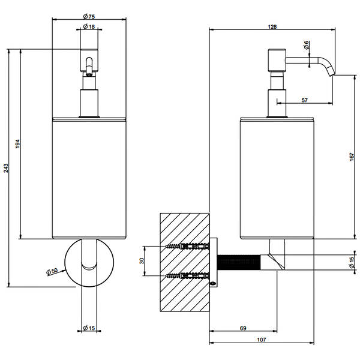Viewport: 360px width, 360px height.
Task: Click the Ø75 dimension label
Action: (89, 16)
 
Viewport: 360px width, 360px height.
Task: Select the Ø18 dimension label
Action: (89, 26)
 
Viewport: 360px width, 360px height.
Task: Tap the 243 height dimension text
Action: (5, 168)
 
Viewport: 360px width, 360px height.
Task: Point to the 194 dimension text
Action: (17, 144)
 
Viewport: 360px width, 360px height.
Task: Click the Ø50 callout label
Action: (52, 271)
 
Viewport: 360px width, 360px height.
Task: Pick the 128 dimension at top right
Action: (272, 26)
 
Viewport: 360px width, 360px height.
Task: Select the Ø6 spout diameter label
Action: (306, 45)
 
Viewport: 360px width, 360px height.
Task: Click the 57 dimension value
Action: (304, 100)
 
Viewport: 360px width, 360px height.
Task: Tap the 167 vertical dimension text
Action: (352, 157)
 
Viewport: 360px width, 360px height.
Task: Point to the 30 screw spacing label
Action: (142, 260)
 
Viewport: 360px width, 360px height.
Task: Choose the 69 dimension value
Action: (243, 328)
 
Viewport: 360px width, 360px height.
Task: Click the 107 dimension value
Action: (262, 340)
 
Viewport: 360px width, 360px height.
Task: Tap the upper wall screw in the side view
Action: (187, 247)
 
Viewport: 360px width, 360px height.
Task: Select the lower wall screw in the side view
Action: (187, 275)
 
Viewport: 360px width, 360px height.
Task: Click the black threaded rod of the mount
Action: (239, 262)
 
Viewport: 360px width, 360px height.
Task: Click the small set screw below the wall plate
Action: (214, 284)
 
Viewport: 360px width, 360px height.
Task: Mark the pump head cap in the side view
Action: (277, 60)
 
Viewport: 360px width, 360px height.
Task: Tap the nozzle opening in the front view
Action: (89, 74)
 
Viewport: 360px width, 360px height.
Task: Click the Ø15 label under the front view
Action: (89, 328)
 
